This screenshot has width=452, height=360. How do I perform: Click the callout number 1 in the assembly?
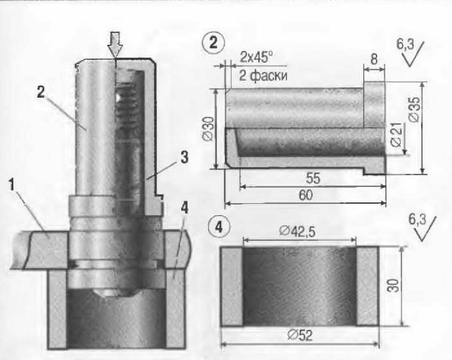pyautogui.click(x=12, y=185)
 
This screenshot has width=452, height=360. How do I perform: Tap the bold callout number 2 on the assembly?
pyautogui.click(x=41, y=92)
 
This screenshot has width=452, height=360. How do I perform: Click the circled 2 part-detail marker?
pyautogui.click(x=214, y=43)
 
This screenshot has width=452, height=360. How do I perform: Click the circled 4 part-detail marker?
pyautogui.click(x=219, y=227)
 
